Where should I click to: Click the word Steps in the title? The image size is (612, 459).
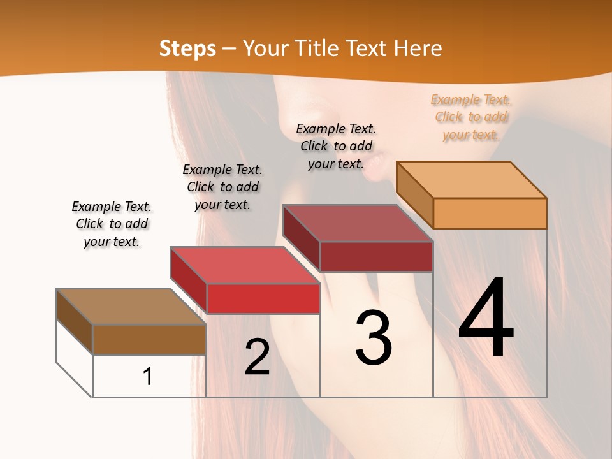[x=187, y=48]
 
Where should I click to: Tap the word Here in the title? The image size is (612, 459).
[x=418, y=48]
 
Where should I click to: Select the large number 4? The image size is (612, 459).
[x=486, y=319]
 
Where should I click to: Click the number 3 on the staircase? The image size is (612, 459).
[x=374, y=338]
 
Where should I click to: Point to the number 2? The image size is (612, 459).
[x=257, y=357]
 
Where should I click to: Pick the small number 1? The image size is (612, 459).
[x=148, y=376]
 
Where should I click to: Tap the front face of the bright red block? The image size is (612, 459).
[x=263, y=298]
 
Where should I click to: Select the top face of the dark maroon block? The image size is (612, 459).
[x=357, y=223]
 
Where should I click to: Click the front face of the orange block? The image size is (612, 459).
[x=490, y=213]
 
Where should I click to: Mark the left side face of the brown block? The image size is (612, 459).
[x=75, y=321]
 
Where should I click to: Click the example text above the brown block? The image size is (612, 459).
[x=112, y=224]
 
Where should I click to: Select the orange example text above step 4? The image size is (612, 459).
[x=471, y=117]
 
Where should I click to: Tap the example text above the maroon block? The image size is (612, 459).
[x=336, y=146]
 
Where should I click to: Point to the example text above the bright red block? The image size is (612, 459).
[x=222, y=187]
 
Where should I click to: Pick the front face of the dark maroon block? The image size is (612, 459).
[x=376, y=256]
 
